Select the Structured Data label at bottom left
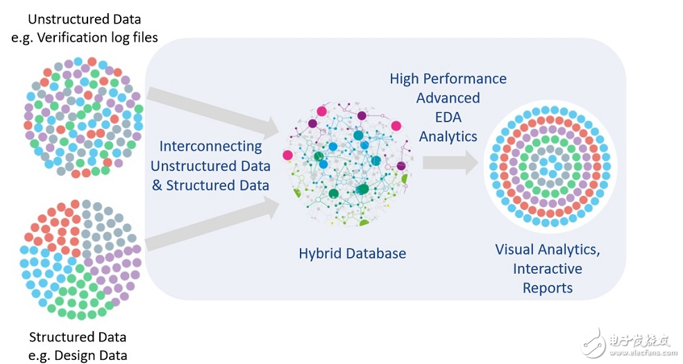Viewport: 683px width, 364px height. tap(78, 338)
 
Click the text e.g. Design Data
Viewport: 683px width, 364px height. tap(78, 356)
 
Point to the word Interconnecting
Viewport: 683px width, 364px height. tap(211, 147)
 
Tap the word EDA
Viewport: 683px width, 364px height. tap(448, 117)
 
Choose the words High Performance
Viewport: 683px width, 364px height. tap(448, 79)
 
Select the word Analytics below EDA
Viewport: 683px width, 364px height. tap(448, 136)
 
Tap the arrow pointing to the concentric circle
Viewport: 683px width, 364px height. tap(452, 164)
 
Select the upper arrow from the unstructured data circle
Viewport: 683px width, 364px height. tap(211, 112)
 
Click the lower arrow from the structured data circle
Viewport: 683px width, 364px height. tap(211, 223)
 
